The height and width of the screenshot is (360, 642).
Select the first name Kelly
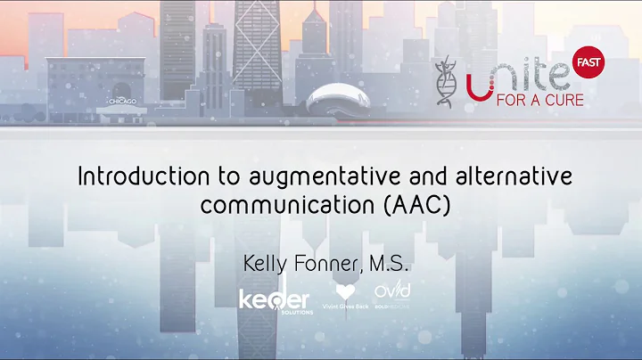click(267, 264)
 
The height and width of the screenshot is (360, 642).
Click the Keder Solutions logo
click(274, 300)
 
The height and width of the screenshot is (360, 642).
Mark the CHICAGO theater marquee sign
click(122, 102)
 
